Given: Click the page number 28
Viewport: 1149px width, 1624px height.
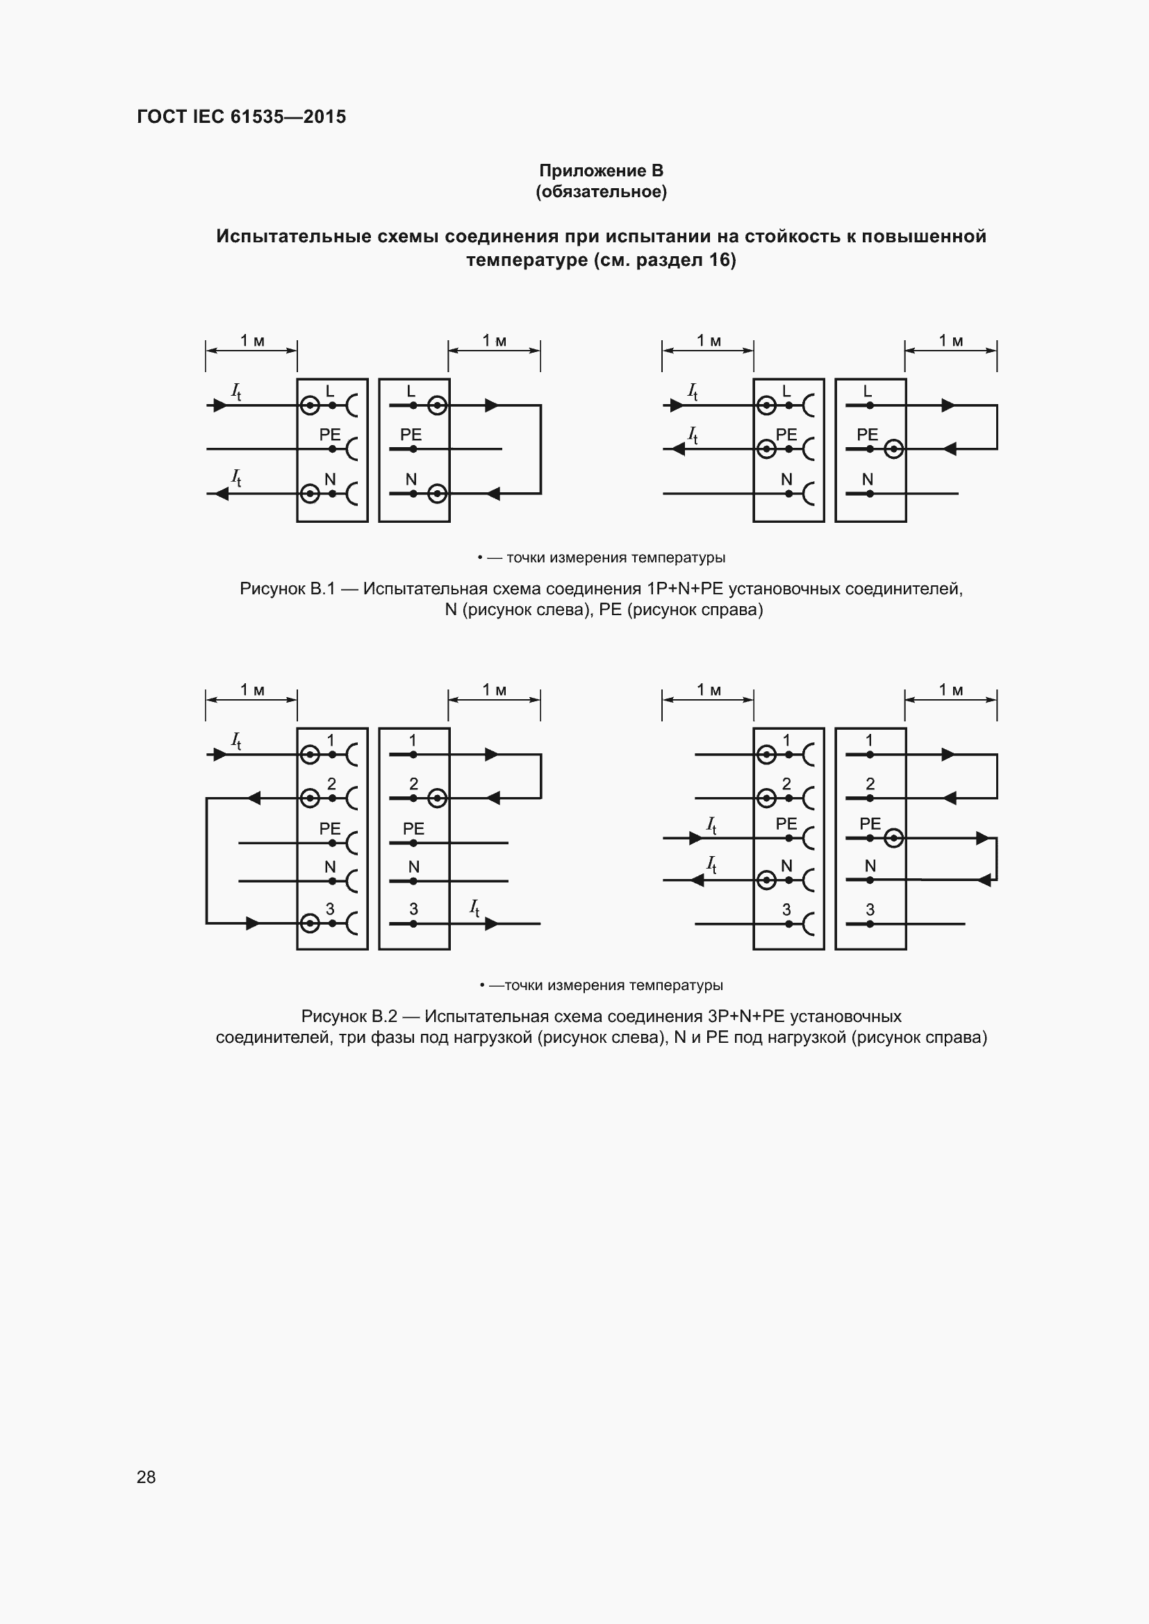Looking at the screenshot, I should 146,1477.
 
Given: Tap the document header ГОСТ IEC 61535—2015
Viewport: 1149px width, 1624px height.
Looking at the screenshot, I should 241,117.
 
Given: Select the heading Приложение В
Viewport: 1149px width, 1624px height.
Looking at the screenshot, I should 601,171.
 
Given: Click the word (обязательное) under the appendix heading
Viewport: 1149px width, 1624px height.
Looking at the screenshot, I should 601,192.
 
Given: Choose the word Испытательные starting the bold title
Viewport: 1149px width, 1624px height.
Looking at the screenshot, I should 293,236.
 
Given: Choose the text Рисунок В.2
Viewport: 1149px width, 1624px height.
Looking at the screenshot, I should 349,1016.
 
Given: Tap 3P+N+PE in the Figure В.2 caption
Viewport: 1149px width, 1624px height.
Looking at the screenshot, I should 746,1016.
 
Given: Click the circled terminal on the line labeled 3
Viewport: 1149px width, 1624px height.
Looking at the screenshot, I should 310,923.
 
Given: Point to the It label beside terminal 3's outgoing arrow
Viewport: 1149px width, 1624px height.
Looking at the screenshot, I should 474,907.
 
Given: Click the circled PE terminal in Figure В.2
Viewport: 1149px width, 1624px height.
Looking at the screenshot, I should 894,838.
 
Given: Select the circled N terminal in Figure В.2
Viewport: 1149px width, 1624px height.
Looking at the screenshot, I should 766,880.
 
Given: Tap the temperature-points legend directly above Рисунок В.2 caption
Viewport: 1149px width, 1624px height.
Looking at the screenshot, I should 602,985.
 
